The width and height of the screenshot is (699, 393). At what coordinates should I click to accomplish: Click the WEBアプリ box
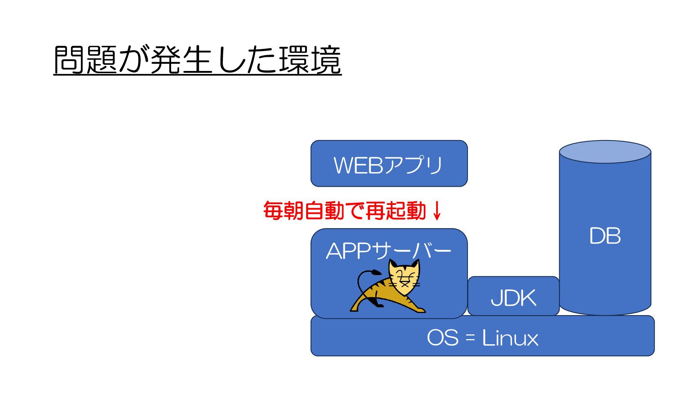tap(389, 164)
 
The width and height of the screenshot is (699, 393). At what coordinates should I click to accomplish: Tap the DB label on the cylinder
tap(605, 236)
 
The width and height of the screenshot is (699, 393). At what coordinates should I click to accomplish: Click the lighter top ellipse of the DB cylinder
tap(605, 151)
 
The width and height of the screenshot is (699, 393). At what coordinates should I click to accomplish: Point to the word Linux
tap(510, 338)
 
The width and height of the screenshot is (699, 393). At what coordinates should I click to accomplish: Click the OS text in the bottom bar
tap(442, 338)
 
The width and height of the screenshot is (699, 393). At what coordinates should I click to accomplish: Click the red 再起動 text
tap(395, 211)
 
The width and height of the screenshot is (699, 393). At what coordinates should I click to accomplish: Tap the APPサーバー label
tap(388, 251)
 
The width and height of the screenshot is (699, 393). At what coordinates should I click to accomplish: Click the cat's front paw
tap(420, 310)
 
